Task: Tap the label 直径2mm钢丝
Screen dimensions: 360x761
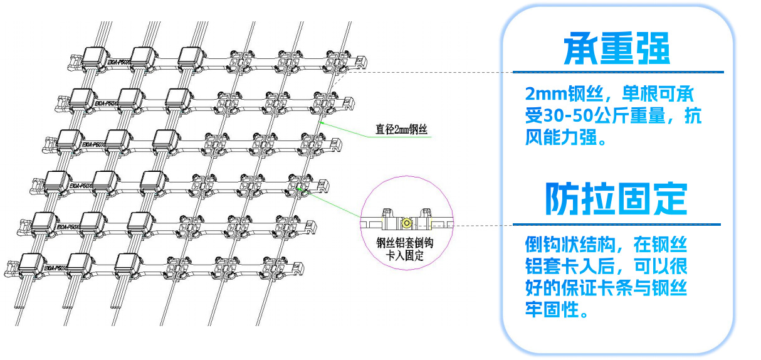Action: (401, 131)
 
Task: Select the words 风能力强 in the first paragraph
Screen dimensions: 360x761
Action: (558, 137)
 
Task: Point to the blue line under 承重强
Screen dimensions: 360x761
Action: (617, 72)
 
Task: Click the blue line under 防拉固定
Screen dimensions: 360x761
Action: (616, 224)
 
